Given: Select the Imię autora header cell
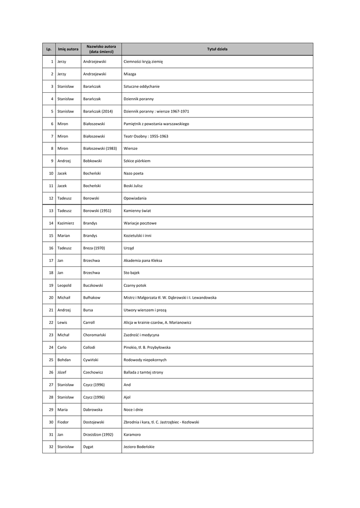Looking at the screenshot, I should [x=68, y=49].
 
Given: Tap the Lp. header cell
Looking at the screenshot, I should [x=49, y=49].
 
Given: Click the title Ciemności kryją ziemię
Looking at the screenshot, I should [x=143, y=62].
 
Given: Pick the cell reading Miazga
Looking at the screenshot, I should [x=130, y=74].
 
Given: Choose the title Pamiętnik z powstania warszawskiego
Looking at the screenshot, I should [x=156, y=124].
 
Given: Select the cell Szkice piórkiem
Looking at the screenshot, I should [x=137, y=161].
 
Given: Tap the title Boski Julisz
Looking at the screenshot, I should [x=133, y=186].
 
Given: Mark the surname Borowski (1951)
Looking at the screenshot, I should [x=97, y=210].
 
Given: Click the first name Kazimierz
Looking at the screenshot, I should [x=66, y=223].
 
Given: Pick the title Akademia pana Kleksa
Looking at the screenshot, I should [x=143, y=260].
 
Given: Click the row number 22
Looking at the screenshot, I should [x=51, y=322].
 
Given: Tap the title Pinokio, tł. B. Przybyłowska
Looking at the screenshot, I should [x=148, y=347].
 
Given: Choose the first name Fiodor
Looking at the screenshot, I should [x=63, y=422].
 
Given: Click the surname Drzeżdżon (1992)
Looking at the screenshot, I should [x=98, y=434].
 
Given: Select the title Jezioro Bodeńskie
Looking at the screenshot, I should [x=139, y=446].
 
